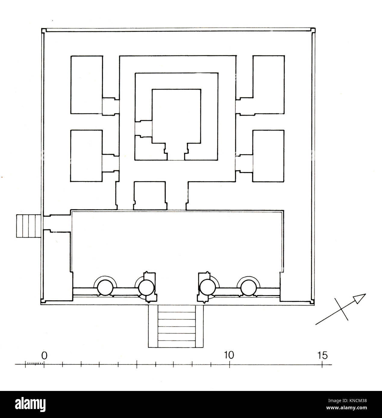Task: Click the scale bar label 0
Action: click(x=44, y=355)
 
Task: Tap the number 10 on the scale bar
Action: click(x=230, y=355)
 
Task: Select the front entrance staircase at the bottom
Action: click(x=176, y=326)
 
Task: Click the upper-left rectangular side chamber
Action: click(x=86, y=85)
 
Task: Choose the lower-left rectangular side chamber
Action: click(x=86, y=156)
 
